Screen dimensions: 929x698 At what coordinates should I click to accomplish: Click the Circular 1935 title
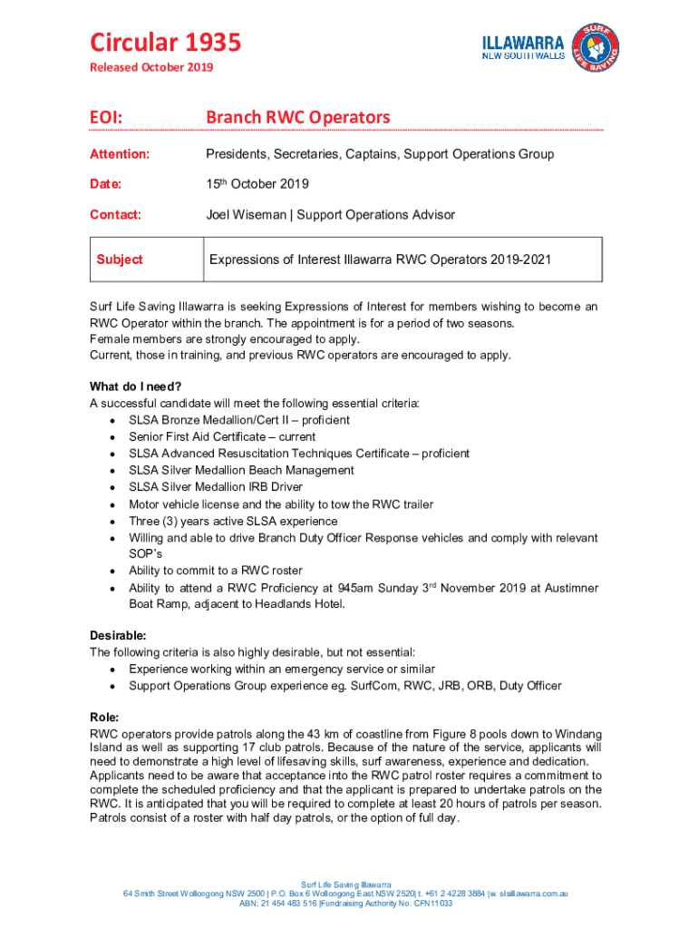coord(164,43)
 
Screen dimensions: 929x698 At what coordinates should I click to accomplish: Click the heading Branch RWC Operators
coord(297,117)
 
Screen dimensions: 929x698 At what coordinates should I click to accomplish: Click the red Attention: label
coord(120,154)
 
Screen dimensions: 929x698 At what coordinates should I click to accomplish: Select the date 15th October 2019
coord(257,184)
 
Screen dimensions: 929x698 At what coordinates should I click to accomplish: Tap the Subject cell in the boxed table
coord(120,259)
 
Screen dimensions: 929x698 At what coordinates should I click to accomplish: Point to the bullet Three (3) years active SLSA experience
coord(232,522)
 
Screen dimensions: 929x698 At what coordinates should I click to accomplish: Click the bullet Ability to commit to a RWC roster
coord(215,572)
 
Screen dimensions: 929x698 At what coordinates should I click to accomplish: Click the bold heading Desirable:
coord(118,635)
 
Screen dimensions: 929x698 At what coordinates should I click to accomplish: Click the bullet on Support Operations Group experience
coord(344,685)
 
